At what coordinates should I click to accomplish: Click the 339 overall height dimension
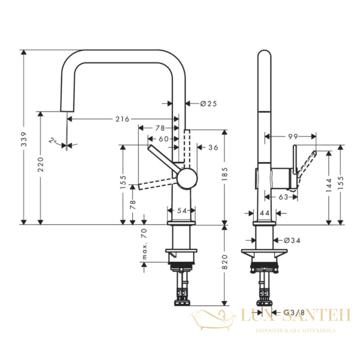(x=24, y=139)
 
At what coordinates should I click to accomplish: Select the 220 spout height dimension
(x=40, y=164)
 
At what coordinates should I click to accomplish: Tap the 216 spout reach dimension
(x=122, y=119)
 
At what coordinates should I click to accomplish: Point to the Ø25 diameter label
(x=208, y=104)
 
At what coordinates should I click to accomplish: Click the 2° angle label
(x=53, y=140)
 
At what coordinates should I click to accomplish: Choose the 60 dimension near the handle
(x=164, y=139)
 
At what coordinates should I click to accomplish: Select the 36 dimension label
(x=213, y=148)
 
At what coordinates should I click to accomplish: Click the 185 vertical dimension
(x=225, y=174)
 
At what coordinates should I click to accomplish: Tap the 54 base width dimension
(x=182, y=211)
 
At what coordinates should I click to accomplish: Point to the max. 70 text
(x=144, y=244)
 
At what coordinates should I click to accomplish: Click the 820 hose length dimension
(x=225, y=262)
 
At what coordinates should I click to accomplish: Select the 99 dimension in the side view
(x=293, y=137)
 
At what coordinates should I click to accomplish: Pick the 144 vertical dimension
(x=329, y=185)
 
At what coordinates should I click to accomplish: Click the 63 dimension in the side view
(x=283, y=197)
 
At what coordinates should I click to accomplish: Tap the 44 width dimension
(x=265, y=213)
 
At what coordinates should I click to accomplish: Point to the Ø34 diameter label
(x=292, y=240)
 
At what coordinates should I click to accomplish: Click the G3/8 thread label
(x=294, y=312)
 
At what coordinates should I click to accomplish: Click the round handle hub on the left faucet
(x=187, y=179)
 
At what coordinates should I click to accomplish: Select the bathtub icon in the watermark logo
(x=213, y=319)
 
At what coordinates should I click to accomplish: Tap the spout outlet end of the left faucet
(x=67, y=111)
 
